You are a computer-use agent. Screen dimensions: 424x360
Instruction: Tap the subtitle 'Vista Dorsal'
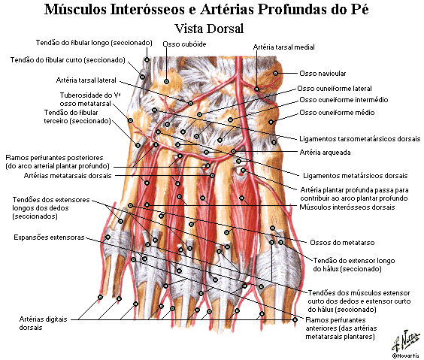(209, 29)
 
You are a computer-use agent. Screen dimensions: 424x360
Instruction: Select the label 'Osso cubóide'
(184, 44)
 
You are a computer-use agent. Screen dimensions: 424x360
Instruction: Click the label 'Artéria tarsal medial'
(283, 47)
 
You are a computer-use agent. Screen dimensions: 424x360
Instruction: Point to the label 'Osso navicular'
(323, 73)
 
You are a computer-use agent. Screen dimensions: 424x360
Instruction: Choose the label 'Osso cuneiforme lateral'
(335, 89)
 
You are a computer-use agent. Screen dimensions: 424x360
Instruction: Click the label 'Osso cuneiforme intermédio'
(344, 100)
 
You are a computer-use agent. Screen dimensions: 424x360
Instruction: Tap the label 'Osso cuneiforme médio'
(337, 113)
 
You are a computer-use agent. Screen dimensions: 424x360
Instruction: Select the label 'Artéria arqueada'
(325, 152)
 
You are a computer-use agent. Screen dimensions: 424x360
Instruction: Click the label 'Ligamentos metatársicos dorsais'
(355, 176)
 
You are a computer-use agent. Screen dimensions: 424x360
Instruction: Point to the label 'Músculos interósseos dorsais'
(347, 207)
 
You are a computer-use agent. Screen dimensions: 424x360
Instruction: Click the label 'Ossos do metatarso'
(342, 243)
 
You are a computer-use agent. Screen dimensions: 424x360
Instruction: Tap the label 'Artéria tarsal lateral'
(86, 80)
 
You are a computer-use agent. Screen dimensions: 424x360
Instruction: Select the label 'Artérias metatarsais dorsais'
(68, 176)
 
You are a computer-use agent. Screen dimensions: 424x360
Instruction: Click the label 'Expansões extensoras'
(49, 237)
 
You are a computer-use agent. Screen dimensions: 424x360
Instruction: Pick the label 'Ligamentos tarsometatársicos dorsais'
(359, 139)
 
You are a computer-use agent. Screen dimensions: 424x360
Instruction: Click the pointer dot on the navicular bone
(275, 73)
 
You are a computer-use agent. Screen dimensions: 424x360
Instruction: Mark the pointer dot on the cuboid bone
(167, 81)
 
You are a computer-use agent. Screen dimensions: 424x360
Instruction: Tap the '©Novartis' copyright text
(406, 355)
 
